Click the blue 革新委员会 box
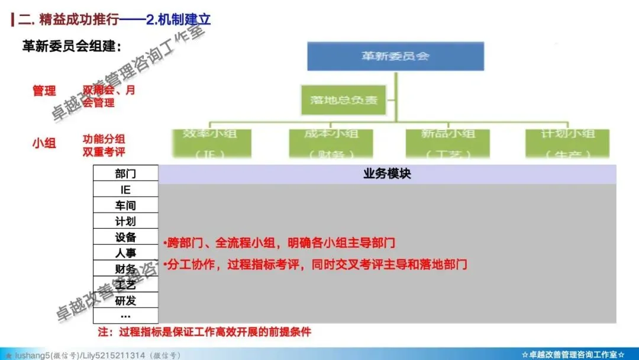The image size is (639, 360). coord(395,56)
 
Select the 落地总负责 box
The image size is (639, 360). coord(344,100)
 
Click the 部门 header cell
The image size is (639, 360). coord(125,173)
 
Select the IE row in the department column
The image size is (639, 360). coord(125,189)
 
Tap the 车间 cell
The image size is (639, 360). coord(125,205)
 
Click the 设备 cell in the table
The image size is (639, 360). coord(125,237)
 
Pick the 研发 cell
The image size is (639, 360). coord(125,300)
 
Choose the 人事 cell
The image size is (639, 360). coord(125,253)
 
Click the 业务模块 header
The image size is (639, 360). coord(387,173)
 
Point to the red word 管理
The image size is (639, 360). coord(44,91)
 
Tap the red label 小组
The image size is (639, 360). coord(44,143)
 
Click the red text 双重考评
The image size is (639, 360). coord(104,152)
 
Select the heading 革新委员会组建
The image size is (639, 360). coord(72,47)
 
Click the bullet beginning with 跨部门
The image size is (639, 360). coord(279,243)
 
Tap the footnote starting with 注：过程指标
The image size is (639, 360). coord(204,332)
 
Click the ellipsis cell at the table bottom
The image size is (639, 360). coord(125,315)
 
